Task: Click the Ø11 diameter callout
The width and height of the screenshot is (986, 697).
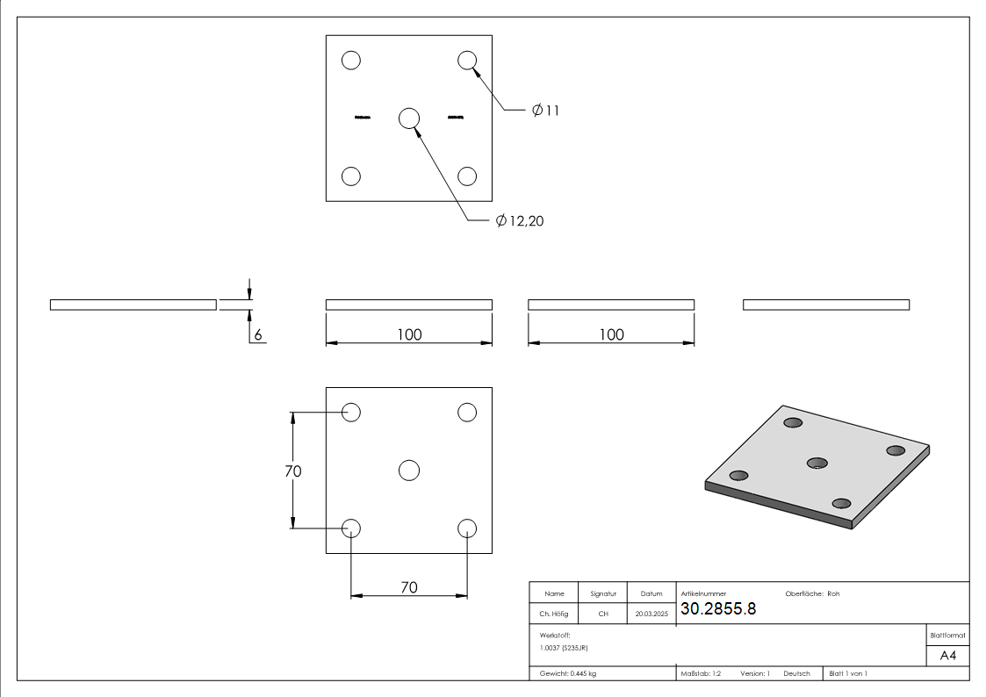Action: tap(545, 111)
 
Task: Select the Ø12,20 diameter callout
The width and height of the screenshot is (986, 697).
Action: tap(520, 221)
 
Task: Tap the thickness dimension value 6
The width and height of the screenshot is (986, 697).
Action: tap(258, 335)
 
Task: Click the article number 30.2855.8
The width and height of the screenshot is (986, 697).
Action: tap(718, 609)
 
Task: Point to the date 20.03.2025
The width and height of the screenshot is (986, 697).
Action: tap(651, 614)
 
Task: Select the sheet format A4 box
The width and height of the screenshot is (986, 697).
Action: tap(947, 656)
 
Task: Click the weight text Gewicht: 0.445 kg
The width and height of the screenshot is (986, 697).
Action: tap(568, 673)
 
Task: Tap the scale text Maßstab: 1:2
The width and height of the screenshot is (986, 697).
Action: tap(701, 673)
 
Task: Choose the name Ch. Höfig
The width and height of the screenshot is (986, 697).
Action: tap(554, 614)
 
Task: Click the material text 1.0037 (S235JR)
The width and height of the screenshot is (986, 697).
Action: tap(564, 647)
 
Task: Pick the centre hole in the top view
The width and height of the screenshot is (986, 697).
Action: tap(408, 119)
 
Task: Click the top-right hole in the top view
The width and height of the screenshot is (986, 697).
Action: tap(466, 61)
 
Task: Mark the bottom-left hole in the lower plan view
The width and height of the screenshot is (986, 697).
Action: tap(351, 528)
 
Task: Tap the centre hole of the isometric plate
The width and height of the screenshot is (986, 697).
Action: tap(817, 463)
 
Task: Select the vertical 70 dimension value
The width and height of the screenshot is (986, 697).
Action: tap(293, 471)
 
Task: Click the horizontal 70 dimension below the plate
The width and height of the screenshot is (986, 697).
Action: tap(409, 587)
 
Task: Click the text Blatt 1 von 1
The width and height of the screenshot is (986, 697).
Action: tap(848, 673)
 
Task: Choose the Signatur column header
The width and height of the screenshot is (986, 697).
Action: tap(603, 593)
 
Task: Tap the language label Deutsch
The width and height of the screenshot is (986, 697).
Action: tap(796, 673)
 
